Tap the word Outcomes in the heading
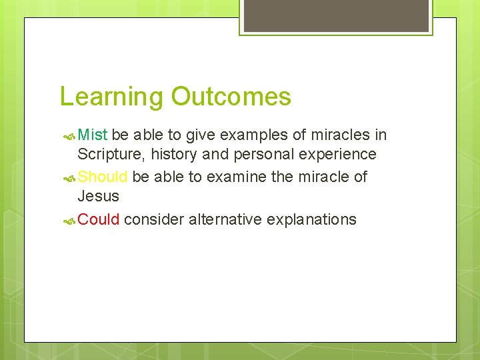[231, 97]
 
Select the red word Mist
[93, 135]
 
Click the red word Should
[103, 177]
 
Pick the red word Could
[99, 219]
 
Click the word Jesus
[98, 197]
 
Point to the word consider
[154, 219]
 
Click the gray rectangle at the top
[336, 15]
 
